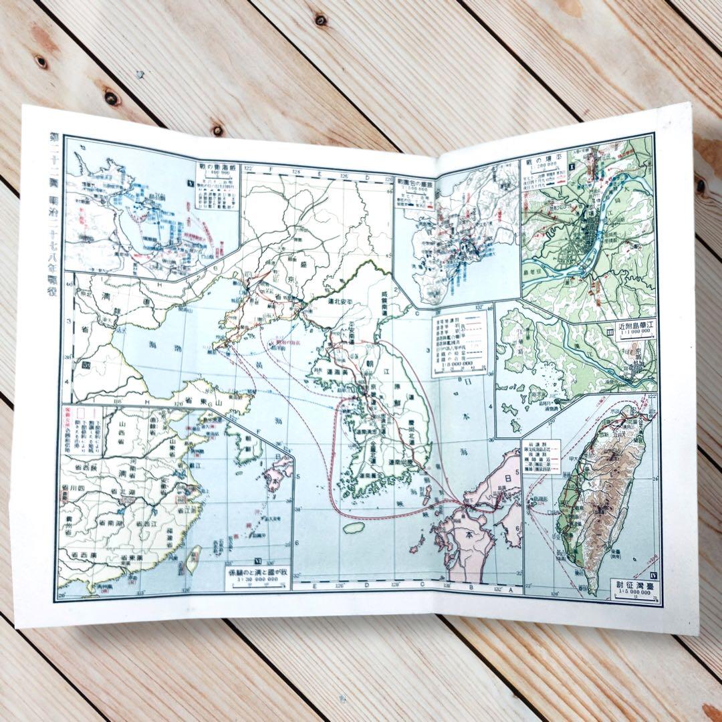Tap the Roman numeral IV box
tap(652, 573)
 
